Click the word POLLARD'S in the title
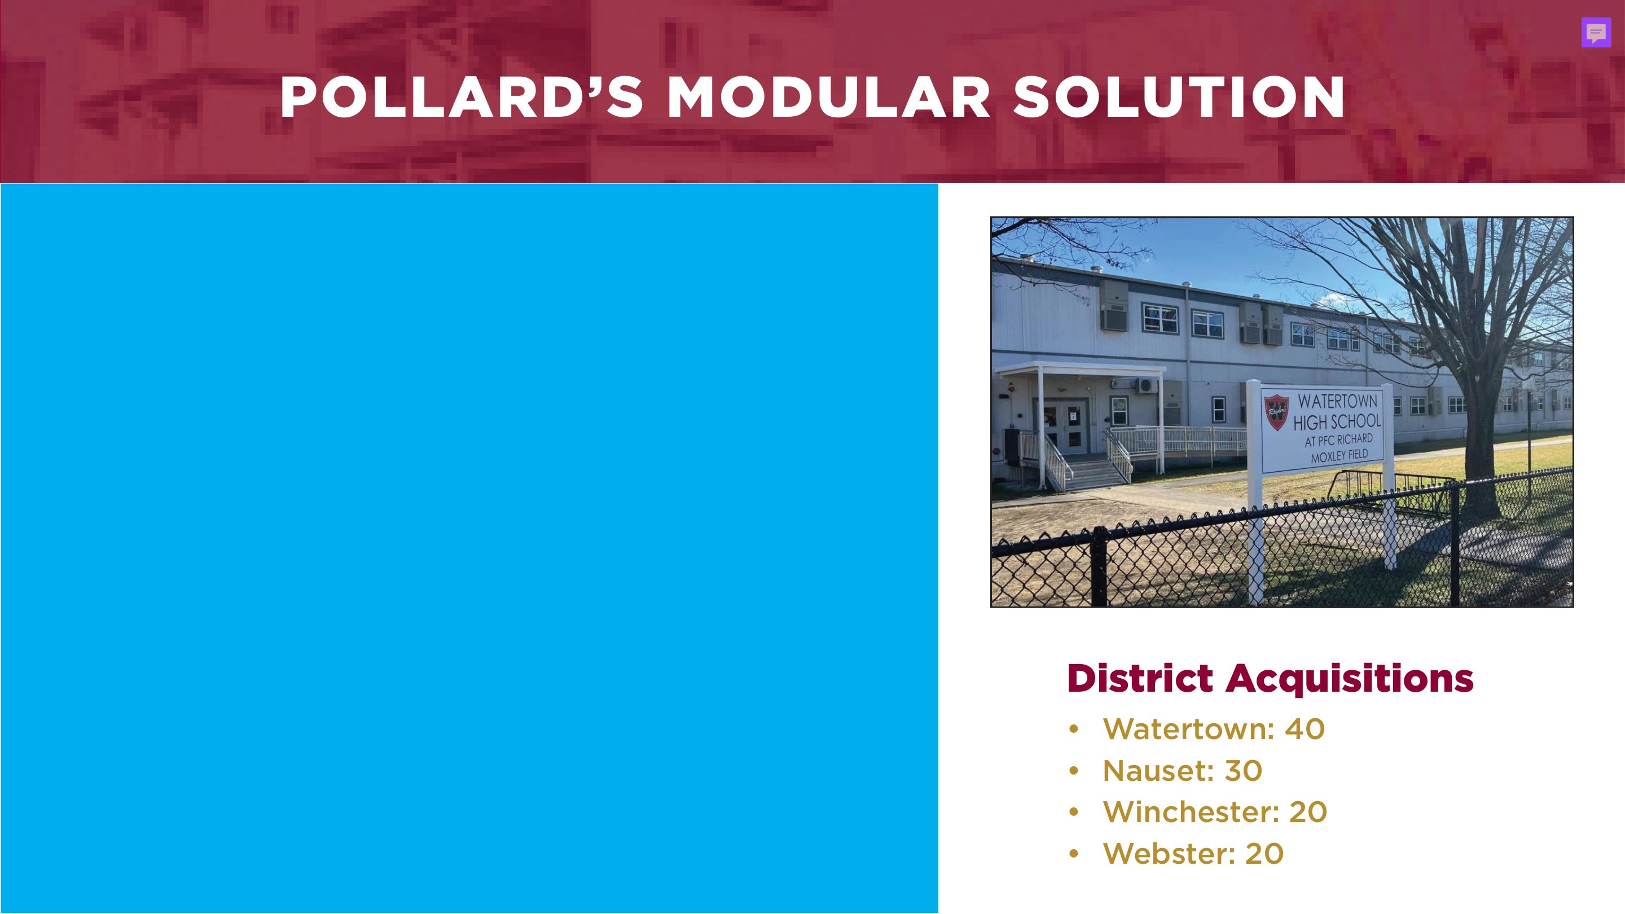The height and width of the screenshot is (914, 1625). click(x=461, y=97)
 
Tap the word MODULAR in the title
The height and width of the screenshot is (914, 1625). click(x=828, y=97)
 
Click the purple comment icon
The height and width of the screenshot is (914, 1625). click(x=1596, y=33)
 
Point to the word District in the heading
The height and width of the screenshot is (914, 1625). click(x=1139, y=679)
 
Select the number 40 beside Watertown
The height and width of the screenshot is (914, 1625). click(x=1305, y=729)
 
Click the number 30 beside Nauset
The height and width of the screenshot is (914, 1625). click(x=1242, y=771)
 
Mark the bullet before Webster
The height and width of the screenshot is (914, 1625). click(x=1074, y=854)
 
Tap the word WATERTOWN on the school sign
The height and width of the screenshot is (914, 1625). click(x=1337, y=401)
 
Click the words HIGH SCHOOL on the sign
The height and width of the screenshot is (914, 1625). click(x=1337, y=421)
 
